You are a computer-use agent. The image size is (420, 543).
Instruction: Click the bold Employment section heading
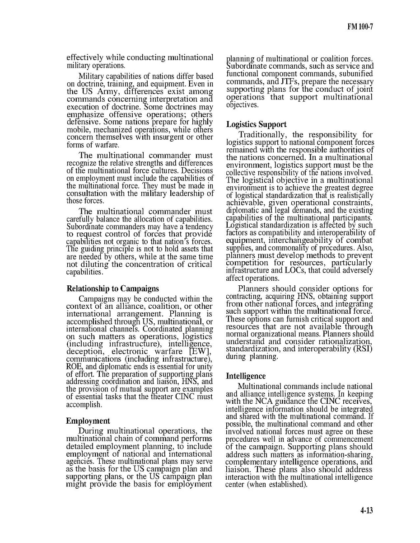88,420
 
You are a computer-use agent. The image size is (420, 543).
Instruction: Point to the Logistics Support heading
256,124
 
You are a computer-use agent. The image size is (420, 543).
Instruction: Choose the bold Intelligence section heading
246,376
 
